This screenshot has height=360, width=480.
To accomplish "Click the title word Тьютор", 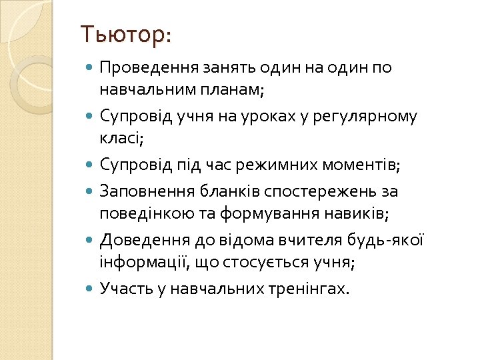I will [125, 35].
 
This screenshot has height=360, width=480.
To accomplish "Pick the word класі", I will [121, 138].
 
